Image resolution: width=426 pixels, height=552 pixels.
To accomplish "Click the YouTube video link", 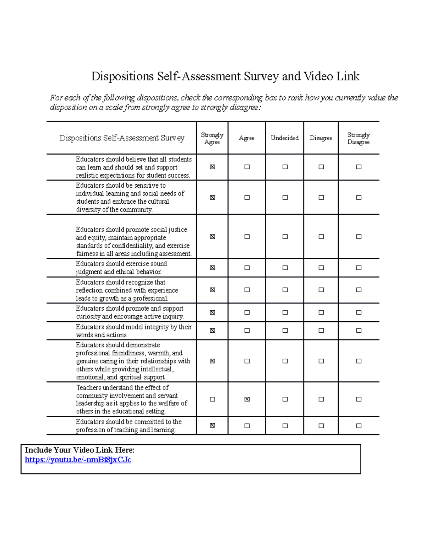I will pos(78,460).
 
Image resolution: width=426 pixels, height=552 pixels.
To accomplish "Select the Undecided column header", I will pos(285,138).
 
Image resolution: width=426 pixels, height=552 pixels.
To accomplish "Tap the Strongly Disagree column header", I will pos(359,138).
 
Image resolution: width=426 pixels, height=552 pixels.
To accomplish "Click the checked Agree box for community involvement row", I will pos(247,399).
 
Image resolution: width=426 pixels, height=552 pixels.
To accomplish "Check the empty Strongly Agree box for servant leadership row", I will pos(212,399).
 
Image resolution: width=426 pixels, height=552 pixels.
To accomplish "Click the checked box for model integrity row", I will pos(212,331).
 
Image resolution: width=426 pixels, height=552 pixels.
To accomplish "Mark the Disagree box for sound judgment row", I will pos(321,268).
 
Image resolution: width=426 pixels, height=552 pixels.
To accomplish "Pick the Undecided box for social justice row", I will pos(285,237).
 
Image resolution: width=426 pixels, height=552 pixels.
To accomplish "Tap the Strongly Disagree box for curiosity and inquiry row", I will pos(359,312).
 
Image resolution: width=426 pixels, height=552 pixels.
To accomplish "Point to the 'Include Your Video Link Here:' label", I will pos(80,450).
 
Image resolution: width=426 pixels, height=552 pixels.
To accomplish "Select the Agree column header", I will pos(247,138).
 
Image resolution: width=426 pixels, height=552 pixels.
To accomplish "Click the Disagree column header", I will pos(321,138).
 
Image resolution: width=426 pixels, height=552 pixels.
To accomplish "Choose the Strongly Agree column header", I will pos(212,138).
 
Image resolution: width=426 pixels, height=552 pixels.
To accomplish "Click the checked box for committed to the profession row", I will pos(212,425).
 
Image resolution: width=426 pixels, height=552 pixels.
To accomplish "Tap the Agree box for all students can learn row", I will pos(247,167).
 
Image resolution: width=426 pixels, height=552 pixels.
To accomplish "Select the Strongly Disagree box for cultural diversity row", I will pos(359,198).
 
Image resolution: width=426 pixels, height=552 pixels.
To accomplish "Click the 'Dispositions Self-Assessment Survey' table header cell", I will pos(122,138).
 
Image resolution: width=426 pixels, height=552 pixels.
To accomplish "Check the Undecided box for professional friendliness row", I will pos(285,361).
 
